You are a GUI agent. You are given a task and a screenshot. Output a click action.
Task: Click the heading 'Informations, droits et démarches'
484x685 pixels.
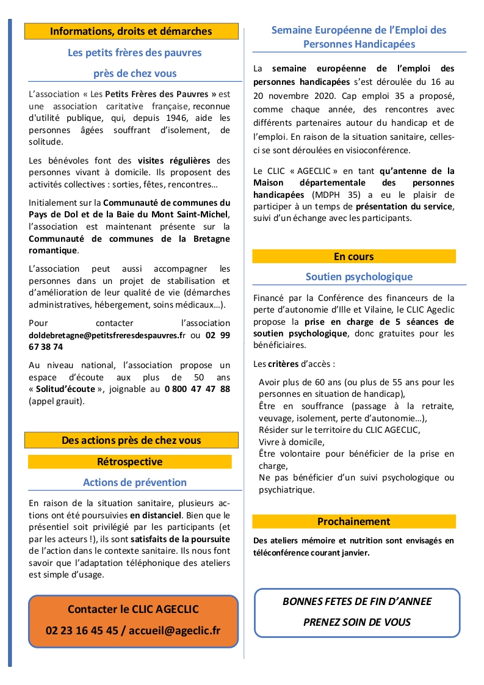pos(131,31)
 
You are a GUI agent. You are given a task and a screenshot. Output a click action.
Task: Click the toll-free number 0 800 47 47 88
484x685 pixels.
pos(197,389)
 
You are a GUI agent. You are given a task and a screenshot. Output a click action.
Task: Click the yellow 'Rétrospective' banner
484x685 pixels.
pos(130,462)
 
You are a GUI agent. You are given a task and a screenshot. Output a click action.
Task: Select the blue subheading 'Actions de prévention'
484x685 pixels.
pos(135,482)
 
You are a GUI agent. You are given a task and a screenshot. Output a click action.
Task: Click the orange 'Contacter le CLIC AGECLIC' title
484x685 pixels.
pos(133,609)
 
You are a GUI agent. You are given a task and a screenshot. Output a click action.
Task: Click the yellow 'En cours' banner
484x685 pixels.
pos(354,256)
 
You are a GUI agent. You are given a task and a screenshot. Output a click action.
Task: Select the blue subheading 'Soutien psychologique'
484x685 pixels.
pos(359,277)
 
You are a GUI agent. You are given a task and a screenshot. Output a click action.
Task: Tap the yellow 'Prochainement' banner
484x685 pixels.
pos(354,521)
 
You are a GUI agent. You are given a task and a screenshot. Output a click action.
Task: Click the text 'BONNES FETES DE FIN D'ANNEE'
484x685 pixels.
pos(357,601)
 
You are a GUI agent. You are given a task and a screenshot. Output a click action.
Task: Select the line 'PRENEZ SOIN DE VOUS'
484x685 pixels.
pos(357,622)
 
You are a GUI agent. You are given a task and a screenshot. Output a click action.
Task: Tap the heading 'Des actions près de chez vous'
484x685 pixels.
pos(131,440)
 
